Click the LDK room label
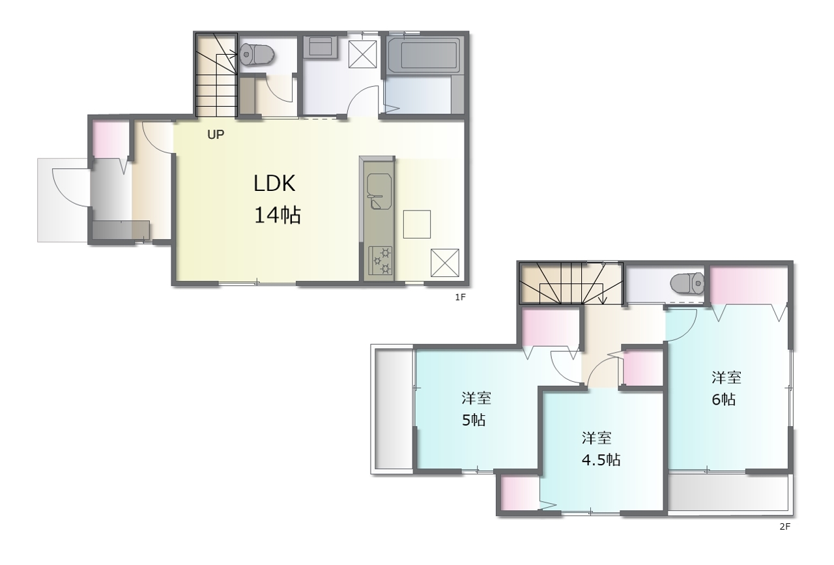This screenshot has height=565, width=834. pos(274,183)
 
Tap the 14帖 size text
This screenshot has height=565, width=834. pos(278,215)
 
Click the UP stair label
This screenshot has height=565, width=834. pos(216,134)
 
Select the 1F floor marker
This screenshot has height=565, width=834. pos(460,297)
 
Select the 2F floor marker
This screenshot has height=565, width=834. pos(785,527)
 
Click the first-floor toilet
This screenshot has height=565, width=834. pos(257,55)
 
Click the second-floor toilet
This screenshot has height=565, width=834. pos(687,283)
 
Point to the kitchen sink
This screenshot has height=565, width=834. pos(379,191)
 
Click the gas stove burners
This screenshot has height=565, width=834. pos(380,260)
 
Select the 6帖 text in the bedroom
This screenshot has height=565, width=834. pos(723,399)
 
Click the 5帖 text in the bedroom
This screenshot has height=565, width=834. pos(474,420)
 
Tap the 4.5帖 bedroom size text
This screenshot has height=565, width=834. pos(601,460)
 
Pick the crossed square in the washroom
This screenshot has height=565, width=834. pos(362,54)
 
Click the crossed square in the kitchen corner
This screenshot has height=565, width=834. pos(445,263)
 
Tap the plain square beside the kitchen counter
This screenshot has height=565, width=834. pos(417,224)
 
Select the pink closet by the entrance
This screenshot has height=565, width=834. pos(111,139)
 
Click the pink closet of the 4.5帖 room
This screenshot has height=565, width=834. pos(520,493)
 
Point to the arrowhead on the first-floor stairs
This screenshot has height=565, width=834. pos(234,55)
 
